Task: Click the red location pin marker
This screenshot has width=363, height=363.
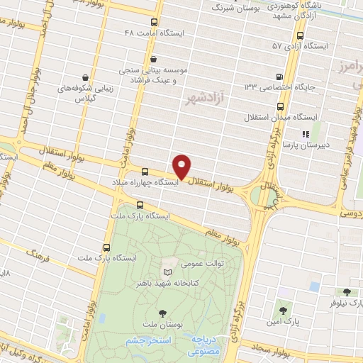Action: point(182,166)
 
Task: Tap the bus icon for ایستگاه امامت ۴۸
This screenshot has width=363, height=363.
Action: point(155,21)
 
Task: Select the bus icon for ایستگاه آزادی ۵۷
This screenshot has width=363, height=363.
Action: point(300,35)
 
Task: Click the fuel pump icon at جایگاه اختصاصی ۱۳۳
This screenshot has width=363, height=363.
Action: point(279,77)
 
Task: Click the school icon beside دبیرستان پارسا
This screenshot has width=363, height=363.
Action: point(305,133)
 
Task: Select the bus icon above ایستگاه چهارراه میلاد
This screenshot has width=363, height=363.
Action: point(145,172)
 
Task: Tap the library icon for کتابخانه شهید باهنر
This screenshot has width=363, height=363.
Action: point(167,272)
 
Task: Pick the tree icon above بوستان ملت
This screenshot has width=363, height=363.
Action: point(163,313)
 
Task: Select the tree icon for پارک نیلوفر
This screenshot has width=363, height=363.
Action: point(346,292)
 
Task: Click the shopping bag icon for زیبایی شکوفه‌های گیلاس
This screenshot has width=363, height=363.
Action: point(86,77)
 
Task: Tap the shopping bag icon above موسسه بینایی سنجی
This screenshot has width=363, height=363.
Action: point(153,59)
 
